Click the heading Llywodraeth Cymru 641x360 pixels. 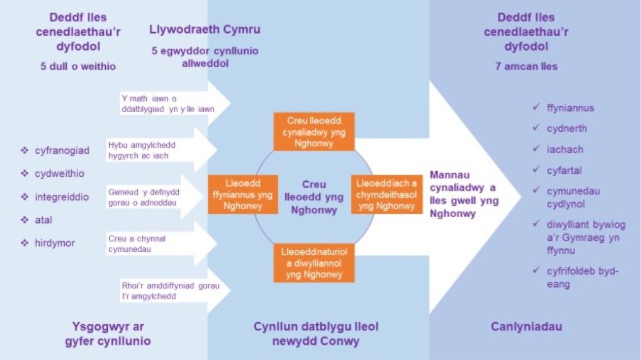(204, 30)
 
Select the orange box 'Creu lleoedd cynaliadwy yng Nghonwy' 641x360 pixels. (313, 132)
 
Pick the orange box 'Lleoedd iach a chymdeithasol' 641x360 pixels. (387, 193)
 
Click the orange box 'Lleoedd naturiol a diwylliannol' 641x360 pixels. (313, 262)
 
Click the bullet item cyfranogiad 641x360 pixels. (62, 151)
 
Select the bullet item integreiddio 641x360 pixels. (62, 197)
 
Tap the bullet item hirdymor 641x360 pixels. (56, 243)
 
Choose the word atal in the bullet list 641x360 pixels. (43, 220)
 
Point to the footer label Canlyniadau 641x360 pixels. (527, 327)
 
